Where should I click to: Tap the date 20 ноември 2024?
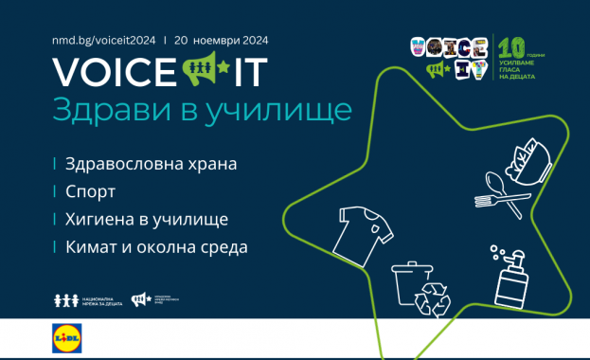coord(223,42)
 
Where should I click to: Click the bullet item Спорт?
coord(91,191)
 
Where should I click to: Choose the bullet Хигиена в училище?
coord(147,219)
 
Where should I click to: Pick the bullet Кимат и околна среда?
coord(156,247)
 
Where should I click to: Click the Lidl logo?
coord(69,338)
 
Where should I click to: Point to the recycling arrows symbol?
coord(437,294)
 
